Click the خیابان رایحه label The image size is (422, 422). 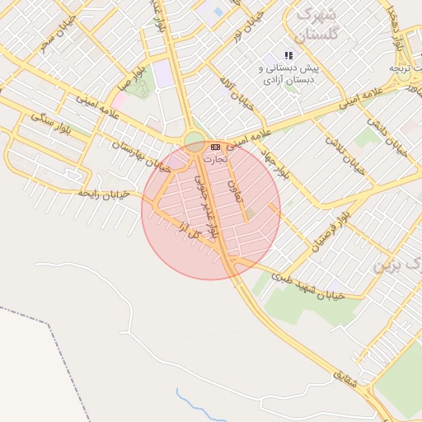pyautogui.click(x=102, y=193)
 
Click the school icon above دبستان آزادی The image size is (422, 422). pyautogui.click(x=288, y=55)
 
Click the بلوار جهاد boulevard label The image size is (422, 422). pyautogui.click(x=278, y=162)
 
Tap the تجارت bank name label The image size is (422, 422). pyautogui.click(x=213, y=157)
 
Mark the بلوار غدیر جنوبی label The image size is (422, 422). pyautogui.click(x=208, y=206)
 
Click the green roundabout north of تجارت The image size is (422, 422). pyautogui.click(x=194, y=139)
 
